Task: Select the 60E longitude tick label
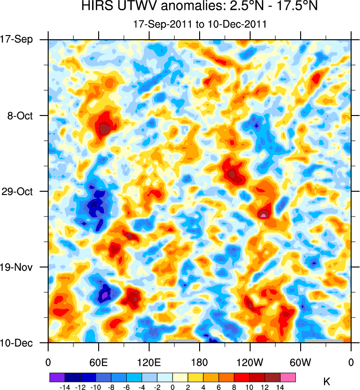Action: (x=99, y=362)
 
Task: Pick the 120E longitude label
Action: (x=149, y=362)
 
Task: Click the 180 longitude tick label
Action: (x=200, y=362)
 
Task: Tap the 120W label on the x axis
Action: (x=250, y=362)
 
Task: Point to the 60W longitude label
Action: (x=300, y=362)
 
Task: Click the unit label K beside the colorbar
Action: (x=327, y=382)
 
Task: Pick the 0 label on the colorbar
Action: (x=173, y=387)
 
